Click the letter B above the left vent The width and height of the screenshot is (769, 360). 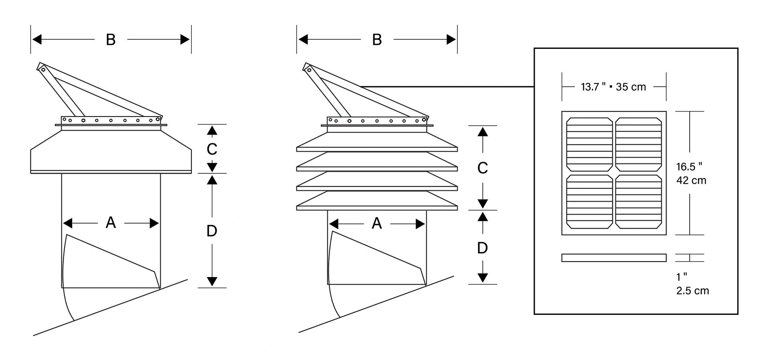111,40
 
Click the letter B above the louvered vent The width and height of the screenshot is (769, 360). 377,40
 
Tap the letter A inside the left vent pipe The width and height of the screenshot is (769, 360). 111,223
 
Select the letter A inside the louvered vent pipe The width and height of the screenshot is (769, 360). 376,223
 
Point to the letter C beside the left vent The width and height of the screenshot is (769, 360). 212,149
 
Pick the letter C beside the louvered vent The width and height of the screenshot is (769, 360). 483,168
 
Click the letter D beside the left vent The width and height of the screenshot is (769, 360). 212,231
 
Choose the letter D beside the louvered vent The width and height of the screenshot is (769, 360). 483,248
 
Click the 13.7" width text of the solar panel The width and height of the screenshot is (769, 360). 593,86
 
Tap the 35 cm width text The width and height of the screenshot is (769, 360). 631,87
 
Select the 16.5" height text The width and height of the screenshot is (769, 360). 689,166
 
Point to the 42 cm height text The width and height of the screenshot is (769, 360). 691,181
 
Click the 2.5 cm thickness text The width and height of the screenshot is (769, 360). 693,291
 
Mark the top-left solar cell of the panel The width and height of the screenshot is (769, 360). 590,145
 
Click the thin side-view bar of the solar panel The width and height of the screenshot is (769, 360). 614,258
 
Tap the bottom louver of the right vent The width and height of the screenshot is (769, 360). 377,200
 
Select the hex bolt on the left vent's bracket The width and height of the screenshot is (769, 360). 83,120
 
